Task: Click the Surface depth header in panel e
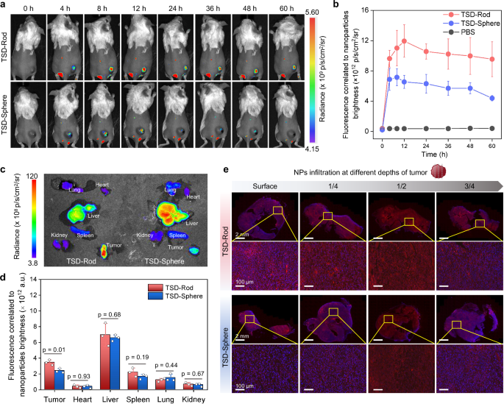tap(263, 187)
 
